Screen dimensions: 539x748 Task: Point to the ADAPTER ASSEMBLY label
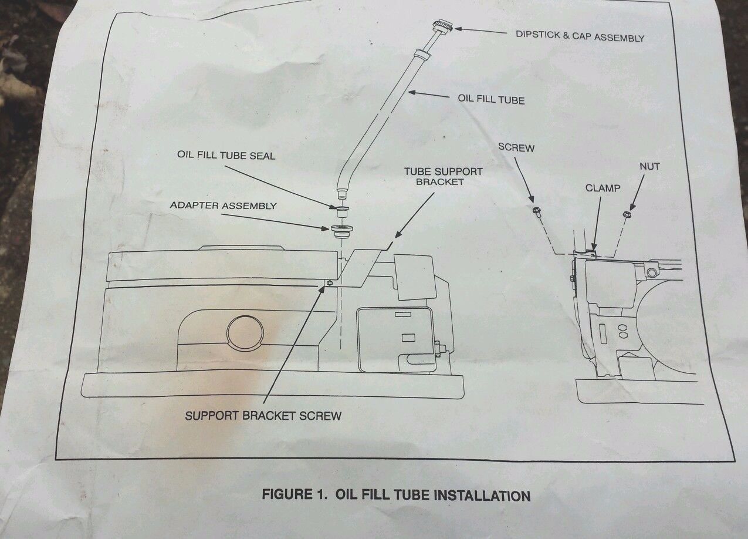pos(222,206)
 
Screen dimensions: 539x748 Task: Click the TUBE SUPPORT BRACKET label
pos(443,176)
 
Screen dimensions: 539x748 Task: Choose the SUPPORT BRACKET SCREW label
pos(263,416)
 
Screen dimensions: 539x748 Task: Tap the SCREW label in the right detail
pos(516,147)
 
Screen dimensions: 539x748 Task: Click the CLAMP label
pos(603,188)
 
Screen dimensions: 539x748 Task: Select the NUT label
pos(649,167)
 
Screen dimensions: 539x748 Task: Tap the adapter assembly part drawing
pos(339,230)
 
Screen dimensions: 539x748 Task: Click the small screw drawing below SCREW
pos(536,211)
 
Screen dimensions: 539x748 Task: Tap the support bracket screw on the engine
pos(330,284)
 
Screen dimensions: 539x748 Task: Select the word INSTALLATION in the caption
pos(482,496)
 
